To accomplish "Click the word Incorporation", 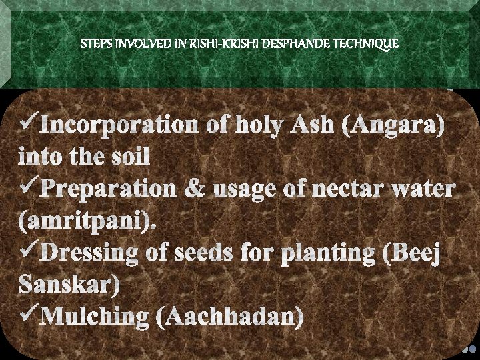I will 119,125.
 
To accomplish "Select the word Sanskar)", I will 69,285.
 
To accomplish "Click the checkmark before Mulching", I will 29,313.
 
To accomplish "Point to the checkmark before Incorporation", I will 29,122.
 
